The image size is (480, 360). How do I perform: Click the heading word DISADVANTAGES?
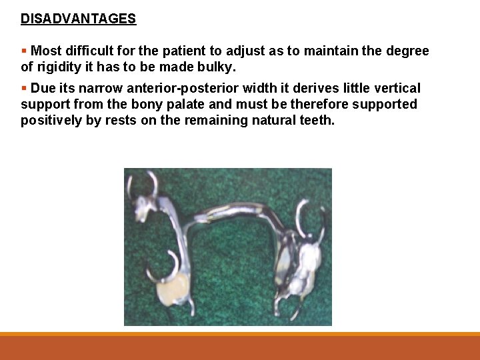coord(78,19)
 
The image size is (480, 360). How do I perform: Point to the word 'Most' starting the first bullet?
coord(46,51)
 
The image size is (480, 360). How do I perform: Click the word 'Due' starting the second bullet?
coord(44,88)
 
